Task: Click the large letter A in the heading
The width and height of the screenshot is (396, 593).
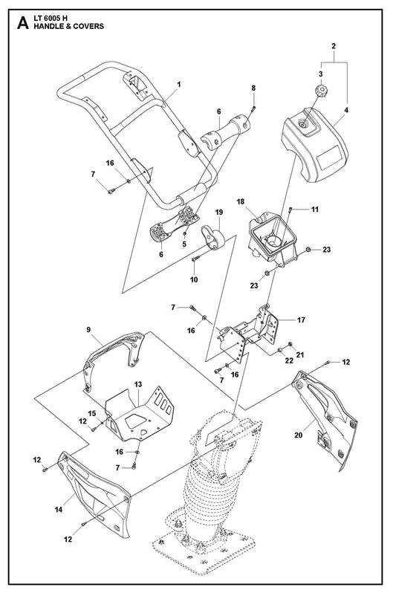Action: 23,23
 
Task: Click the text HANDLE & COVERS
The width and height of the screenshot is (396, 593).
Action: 69,27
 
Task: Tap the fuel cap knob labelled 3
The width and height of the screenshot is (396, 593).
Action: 321,91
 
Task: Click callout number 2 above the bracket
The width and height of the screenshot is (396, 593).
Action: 333,46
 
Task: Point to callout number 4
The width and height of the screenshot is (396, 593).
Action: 346,110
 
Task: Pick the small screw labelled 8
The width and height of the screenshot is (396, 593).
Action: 253,109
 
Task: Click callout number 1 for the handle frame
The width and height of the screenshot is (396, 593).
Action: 179,84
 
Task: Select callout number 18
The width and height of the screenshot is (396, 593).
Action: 241,201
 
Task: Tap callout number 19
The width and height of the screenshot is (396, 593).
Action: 219,213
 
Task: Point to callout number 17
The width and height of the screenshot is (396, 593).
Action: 301,320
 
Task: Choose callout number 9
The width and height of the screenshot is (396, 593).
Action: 88,329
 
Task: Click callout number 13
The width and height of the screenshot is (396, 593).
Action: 138,384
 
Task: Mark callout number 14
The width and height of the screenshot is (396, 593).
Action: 58,510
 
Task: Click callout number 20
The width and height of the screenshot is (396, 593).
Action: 299,435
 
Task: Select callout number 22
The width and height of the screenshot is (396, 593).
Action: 289,361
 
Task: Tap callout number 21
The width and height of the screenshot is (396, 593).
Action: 300,354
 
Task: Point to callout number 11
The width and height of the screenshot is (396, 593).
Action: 315,209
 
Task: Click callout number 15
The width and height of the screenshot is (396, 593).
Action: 92,413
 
